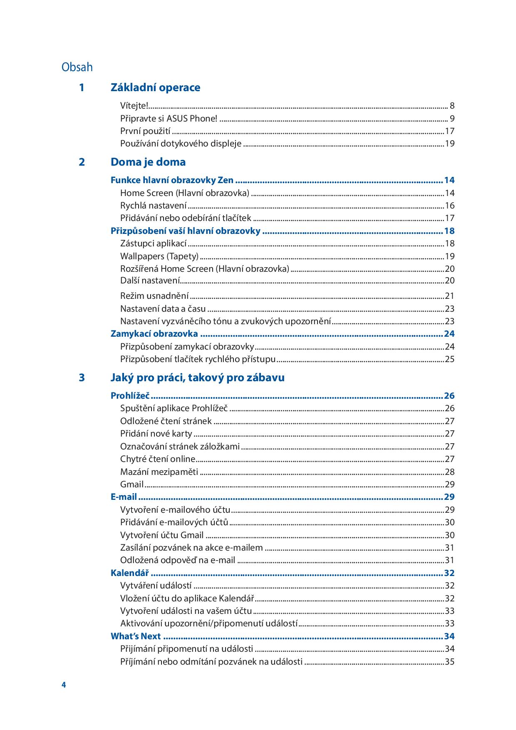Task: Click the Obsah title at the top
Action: (x=77, y=67)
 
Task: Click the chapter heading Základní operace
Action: (x=155, y=87)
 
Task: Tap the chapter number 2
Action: (x=82, y=162)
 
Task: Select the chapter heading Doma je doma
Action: (x=148, y=162)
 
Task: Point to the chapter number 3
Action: (x=82, y=377)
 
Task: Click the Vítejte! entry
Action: (x=134, y=106)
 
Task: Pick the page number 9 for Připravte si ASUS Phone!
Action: (x=452, y=119)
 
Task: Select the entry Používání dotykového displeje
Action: (x=181, y=144)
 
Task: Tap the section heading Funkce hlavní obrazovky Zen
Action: (x=172, y=180)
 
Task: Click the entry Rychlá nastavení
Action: (x=153, y=206)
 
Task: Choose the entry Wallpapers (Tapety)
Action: (x=159, y=256)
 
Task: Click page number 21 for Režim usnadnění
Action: (x=449, y=296)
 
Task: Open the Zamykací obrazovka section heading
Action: (x=154, y=334)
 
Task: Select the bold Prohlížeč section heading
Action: (x=130, y=395)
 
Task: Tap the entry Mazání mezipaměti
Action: (x=159, y=472)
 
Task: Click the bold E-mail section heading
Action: (x=124, y=497)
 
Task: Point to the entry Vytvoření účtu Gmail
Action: (x=162, y=535)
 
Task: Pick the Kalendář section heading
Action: (x=129, y=573)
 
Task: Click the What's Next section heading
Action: (x=136, y=636)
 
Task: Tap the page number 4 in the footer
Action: (x=64, y=685)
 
